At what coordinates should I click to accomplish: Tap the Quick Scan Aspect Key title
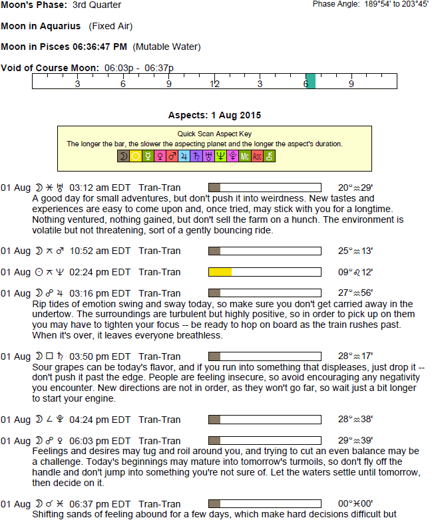click(x=205, y=134)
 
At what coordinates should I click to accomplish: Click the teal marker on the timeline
click(x=310, y=81)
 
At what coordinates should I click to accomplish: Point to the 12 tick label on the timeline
click(x=215, y=84)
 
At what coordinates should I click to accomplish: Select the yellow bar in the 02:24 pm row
click(x=220, y=272)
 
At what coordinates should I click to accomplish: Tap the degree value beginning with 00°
click(x=355, y=503)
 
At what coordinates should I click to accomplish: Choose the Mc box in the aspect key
click(x=245, y=156)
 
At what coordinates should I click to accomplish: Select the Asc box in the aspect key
click(x=257, y=156)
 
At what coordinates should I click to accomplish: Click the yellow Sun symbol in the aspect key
click(x=135, y=156)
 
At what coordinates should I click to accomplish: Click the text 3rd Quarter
click(x=97, y=5)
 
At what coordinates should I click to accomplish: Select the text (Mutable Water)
click(x=166, y=47)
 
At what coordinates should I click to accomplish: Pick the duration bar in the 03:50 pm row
click(x=265, y=356)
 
